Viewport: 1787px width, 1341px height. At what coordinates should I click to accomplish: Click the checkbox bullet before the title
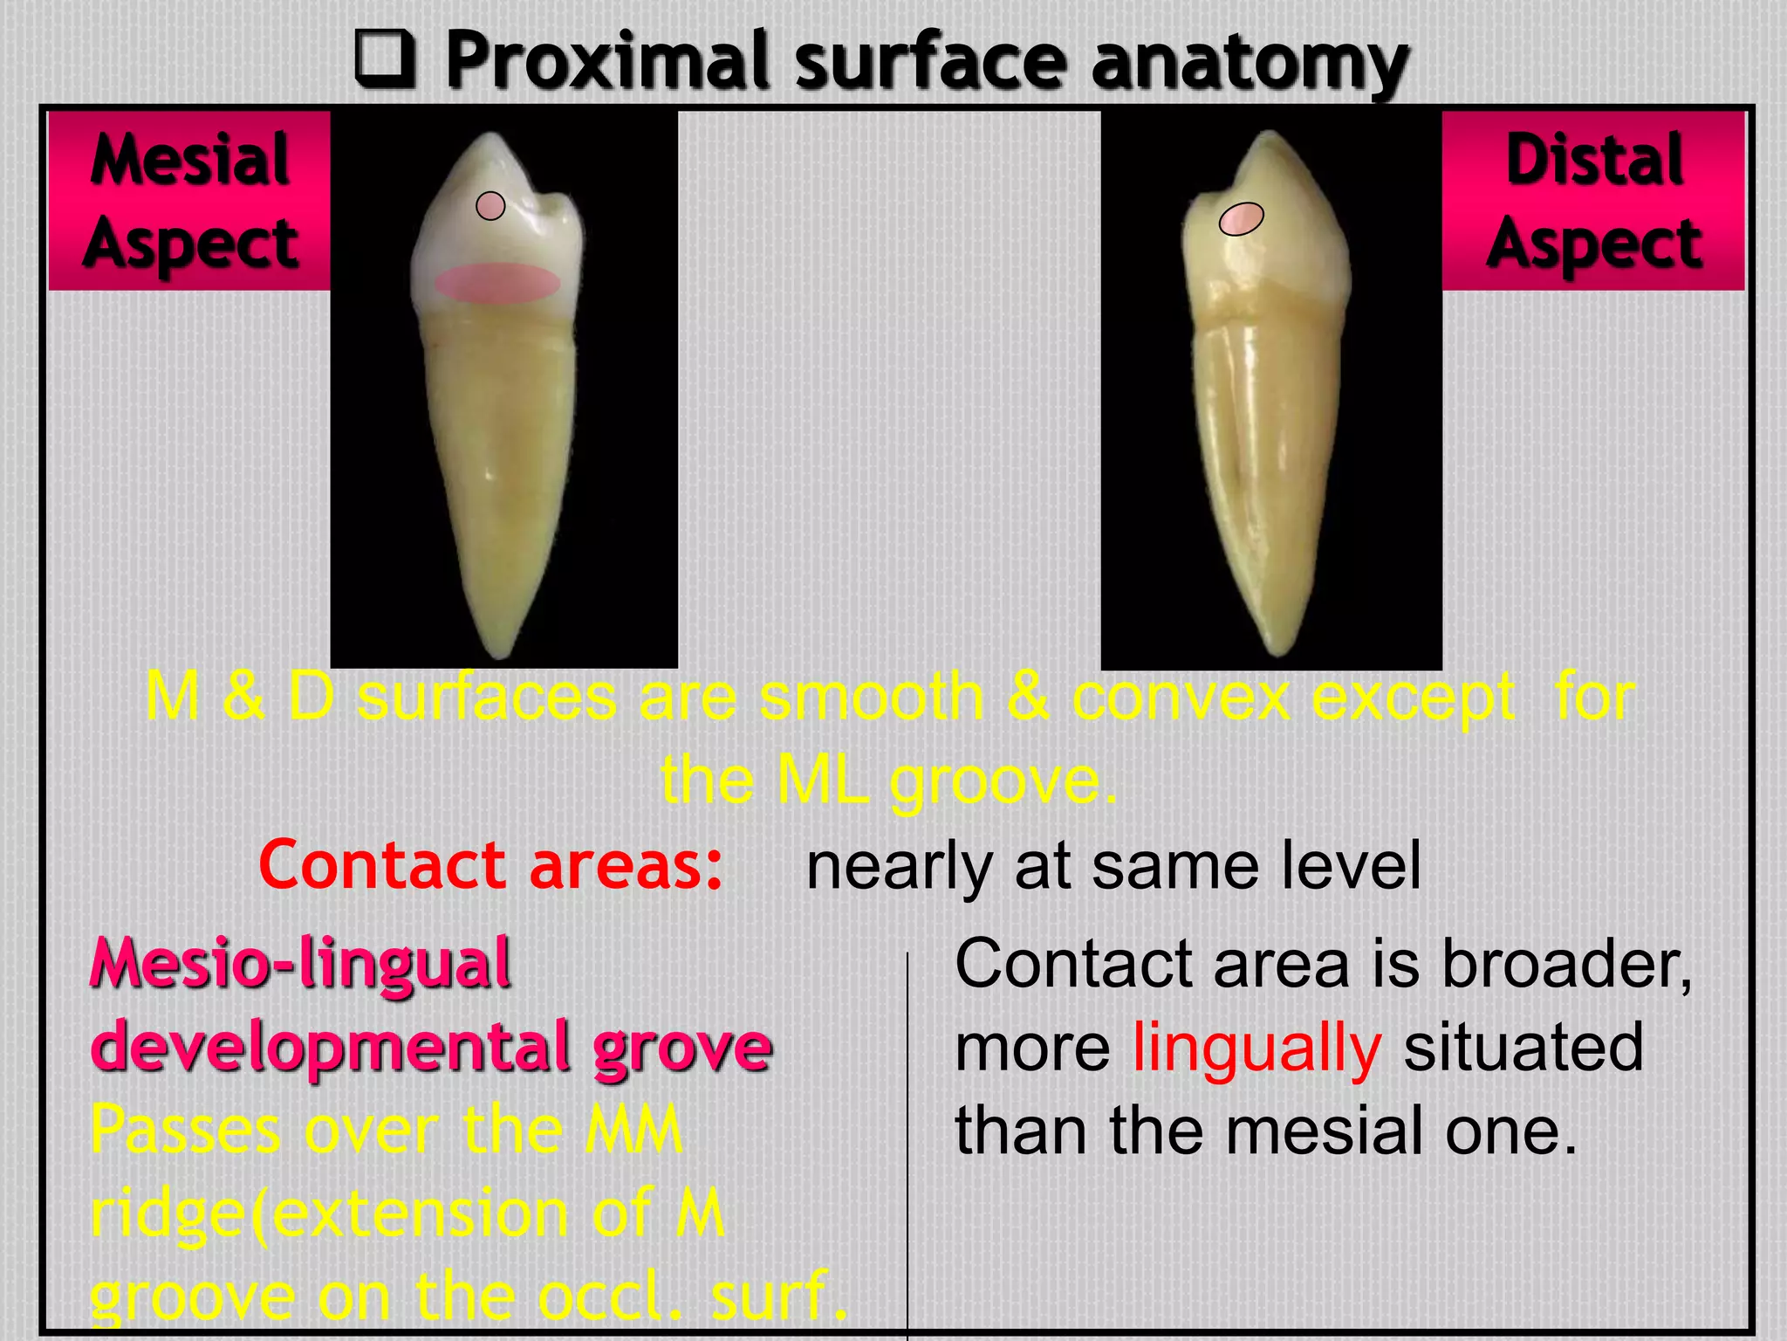click(x=385, y=58)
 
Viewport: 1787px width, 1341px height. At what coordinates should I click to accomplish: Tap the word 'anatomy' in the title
click(x=1250, y=63)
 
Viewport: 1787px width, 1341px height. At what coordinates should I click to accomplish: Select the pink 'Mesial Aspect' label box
click(x=190, y=201)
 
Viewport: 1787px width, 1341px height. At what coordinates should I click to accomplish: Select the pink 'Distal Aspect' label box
click(x=1593, y=201)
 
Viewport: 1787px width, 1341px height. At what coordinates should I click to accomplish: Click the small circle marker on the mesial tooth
click(x=490, y=206)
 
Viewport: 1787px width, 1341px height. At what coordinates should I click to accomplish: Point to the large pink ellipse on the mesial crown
click(x=498, y=284)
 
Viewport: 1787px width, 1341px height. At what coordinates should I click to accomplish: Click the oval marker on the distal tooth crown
click(x=1241, y=219)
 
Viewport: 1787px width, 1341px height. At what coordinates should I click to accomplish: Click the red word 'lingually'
click(x=1256, y=1047)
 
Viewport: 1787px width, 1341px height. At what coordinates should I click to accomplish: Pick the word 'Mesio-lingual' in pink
click(x=301, y=964)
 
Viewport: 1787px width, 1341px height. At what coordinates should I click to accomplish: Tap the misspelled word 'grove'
click(x=682, y=1046)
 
